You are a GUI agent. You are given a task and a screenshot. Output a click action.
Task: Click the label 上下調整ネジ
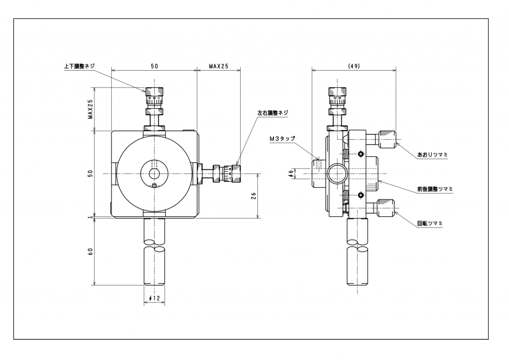(x=80, y=66)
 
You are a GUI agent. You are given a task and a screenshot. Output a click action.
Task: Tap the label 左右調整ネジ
(x=272, y=113)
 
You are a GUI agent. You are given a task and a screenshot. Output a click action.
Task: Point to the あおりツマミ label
(x=432, y=155)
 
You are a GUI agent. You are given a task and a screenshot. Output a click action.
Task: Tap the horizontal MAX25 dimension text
(x=218, y=66)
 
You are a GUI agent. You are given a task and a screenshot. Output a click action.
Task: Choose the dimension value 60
(x=90, y=252)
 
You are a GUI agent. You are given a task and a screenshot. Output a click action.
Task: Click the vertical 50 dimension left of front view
(x=90, y=174)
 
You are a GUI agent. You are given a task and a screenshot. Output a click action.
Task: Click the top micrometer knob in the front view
(x=154, y=91)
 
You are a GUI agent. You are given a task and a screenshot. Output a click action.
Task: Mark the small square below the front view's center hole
(x=154, y=186)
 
